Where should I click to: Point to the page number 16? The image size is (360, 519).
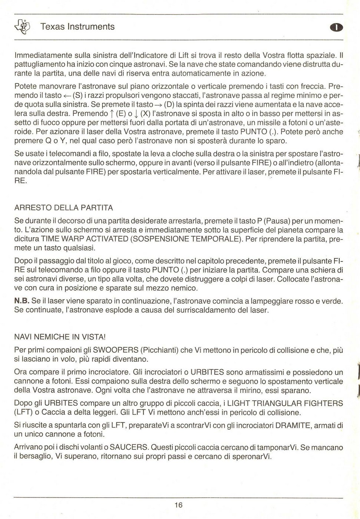pos(179,505)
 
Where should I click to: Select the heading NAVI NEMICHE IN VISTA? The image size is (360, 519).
pos(60,337)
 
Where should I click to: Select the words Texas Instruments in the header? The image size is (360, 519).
pos(77,27)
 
